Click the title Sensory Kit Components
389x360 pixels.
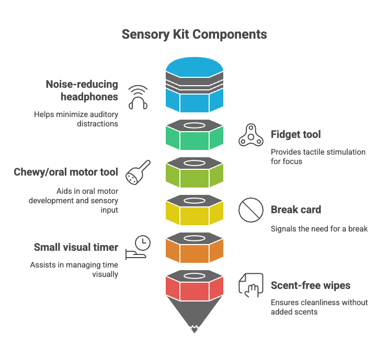click(x=194, y=34)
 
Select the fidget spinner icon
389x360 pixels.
click(x=250, y=135)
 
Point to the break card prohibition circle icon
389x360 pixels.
click(x=250, y=210)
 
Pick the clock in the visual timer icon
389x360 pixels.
click(x=142, y=242)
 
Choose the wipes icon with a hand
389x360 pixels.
click(x=250, y=285)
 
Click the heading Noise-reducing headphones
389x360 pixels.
click(x=82, y=90)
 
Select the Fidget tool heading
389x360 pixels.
click(x=296, y=134)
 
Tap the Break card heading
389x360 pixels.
click(x=296, y=210)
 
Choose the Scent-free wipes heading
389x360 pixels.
click(x=311, y=285)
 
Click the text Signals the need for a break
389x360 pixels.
click(x=319, y=228)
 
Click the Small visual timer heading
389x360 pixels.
click(x=76, y=247)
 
